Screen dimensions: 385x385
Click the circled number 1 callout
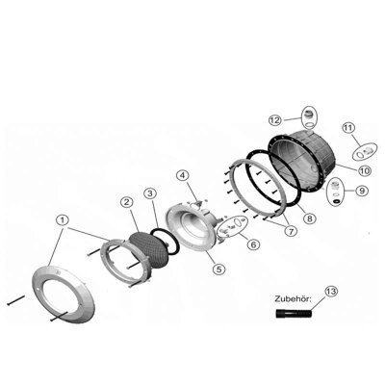(x=63, y=220)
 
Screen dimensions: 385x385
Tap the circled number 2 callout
(x=127, y=202)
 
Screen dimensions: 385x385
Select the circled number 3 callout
(x=150, y=193)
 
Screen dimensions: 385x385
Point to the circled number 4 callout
(x=182, y=175)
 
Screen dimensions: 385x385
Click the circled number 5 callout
(x=218, y=269)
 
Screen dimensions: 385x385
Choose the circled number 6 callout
(x=252, y=244)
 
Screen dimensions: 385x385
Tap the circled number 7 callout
(x=291, y=231)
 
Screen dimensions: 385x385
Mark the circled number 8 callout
(x=310, y=218)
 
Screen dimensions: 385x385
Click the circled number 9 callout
(x=362, y=191)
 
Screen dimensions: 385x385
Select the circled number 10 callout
(x=365, y=170)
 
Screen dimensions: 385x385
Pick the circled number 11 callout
(x=348, y=128)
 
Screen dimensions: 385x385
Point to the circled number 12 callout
(x=275, y=120)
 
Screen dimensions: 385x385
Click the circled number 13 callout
(x=331, y=292)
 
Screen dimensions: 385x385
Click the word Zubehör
(x=293, y=299)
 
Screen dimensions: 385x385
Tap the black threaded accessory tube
(x=294, y=313)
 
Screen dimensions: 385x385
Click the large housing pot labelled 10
(x=302, y=162)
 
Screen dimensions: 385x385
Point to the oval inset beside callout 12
(x=309, y=117)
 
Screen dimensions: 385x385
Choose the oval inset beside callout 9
(x=336, y=192)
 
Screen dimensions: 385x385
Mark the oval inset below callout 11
(x=365, y=152)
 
